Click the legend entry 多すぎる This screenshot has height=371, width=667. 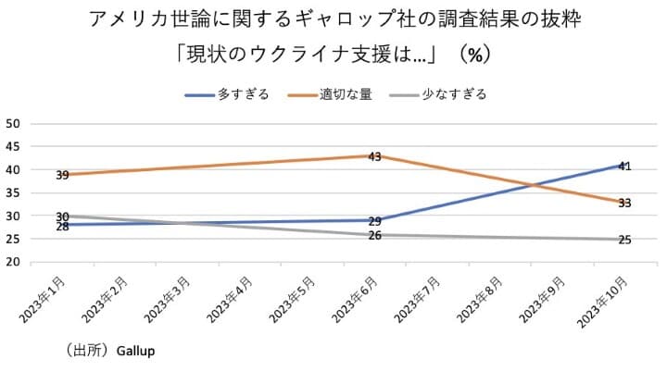click(243, 94)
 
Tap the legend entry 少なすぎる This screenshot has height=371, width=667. click(453, 94)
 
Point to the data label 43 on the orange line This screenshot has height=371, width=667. click(375, 157)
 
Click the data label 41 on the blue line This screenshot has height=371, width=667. click(624, 167)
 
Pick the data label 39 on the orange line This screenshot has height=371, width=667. click(63, 175)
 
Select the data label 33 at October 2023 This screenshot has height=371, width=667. click(624, 203)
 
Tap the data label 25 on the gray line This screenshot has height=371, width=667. click(624, 241)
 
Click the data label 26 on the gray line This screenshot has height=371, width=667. click(375, 236)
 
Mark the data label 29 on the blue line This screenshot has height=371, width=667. click(375, 221)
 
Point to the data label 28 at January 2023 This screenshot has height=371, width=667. click(63, 226)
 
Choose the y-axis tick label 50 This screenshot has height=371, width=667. click(13, 124)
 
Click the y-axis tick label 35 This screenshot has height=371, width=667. click(13, 192)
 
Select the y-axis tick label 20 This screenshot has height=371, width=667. click(13, 262)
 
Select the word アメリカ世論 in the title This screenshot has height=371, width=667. click(141, 19)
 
